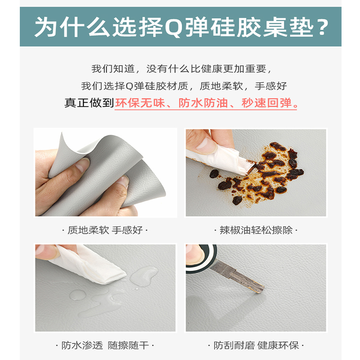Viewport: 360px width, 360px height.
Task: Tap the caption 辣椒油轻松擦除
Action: click(x=256, y=230)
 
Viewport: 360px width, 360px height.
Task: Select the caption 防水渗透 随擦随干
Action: click(x=108, y=346)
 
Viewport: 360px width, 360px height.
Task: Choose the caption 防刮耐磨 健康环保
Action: click(x=256, y=346)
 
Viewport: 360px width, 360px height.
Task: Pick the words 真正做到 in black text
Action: click(x=89, y=103)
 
